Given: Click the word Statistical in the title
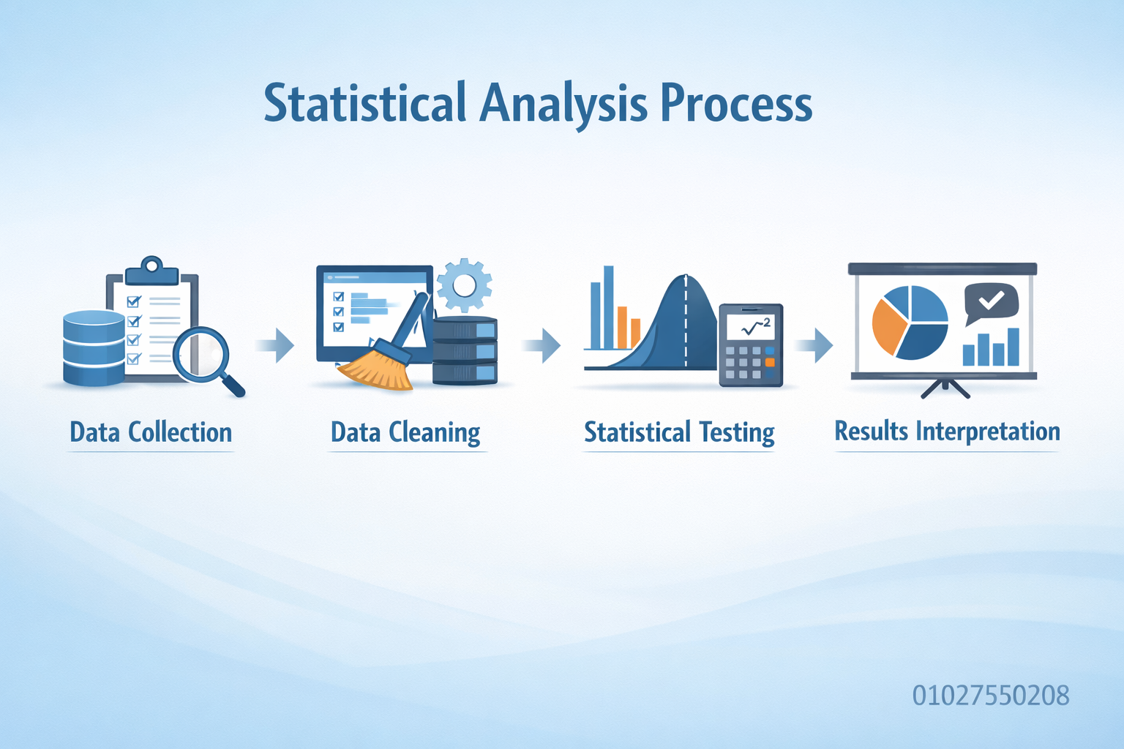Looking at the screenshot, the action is (x=365, y=103).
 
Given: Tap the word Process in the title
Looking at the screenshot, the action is (x=736, y=103).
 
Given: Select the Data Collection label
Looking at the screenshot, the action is (x=151, y=432).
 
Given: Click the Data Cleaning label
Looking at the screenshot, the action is (x=405, y=432).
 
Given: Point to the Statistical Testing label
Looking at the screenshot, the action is (x=679, y=432).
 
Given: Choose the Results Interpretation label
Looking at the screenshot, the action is (x=947, y=431).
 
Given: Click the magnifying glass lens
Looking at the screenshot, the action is (x=201, y=354).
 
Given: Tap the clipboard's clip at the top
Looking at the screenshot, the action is (x=151, y=271).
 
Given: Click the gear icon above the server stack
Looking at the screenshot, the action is (x=464, y=285).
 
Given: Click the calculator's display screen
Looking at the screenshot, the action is (x=751, y=327).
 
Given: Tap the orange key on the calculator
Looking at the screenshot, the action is (x=770, y=362).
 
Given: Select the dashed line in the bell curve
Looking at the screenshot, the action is (x=686, y=321).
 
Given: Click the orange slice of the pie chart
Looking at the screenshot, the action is (x=889, y=326).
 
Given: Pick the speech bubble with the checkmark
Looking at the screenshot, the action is (x=991, y=303).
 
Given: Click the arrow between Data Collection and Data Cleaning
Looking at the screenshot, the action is (x=275, y=345).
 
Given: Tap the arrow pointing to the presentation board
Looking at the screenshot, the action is (x=814, y=345).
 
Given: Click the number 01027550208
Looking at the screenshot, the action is (x=991, y=696).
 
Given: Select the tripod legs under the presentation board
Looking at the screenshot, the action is (x=945, y=388).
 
